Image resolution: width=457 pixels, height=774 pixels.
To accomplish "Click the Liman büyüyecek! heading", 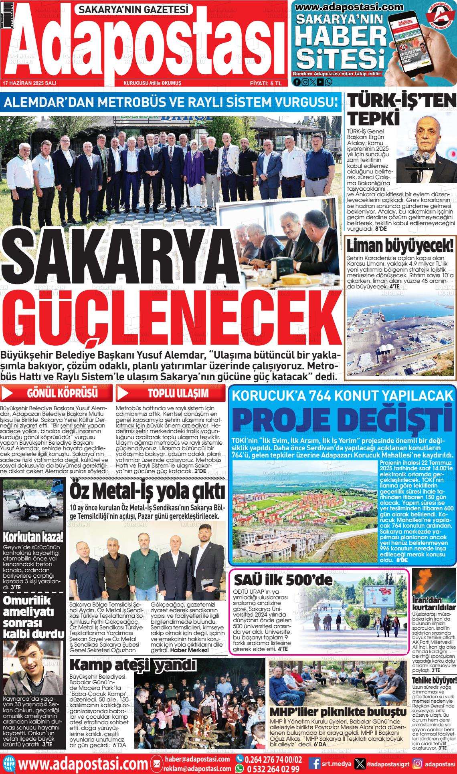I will coord(400,245).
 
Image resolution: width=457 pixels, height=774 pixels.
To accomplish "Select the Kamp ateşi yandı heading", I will coord(133,665).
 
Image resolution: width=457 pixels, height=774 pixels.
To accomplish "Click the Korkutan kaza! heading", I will coord(33,536).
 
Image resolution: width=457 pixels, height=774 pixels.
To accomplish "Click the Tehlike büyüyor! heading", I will coord(435,681).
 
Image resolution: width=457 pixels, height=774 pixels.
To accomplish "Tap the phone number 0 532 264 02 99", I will coord(273,769).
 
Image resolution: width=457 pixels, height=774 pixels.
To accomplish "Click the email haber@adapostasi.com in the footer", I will coord(197,759).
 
